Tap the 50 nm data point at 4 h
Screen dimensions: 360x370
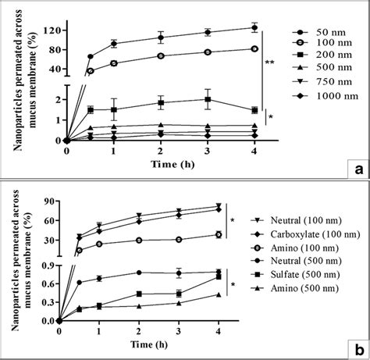[x=254, y=27]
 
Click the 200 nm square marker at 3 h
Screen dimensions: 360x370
[x=207, y=99]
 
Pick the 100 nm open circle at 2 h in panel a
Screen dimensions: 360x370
[x=161, y=55]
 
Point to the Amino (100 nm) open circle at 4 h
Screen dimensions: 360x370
[x=219, y=234]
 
